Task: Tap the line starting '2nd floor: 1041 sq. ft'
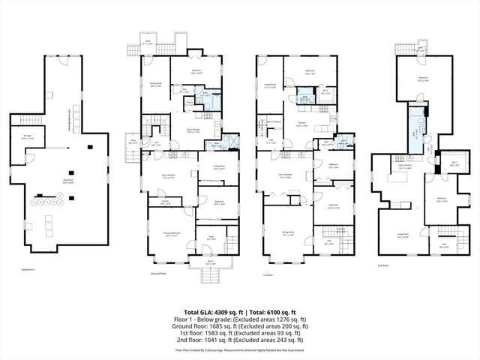(239, 339)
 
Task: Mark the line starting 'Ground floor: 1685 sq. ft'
(239, 327)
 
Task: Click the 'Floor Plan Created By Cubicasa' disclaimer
(239, 349)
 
